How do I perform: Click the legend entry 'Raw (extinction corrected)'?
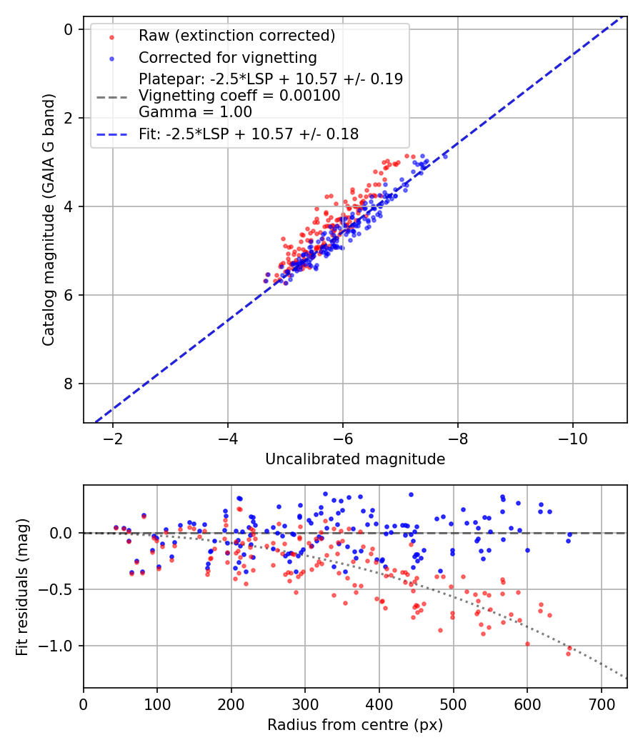236,36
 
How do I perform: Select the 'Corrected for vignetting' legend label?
227,57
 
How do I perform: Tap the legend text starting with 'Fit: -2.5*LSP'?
248,134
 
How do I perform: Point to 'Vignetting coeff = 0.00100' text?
239,95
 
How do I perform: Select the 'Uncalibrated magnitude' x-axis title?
355,459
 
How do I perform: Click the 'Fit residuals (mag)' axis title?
22,586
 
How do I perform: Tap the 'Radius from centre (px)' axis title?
355,725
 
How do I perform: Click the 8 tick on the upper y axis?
69,384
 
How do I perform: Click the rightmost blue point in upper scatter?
445,156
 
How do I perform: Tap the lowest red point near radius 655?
569,654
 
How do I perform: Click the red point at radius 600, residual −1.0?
527,644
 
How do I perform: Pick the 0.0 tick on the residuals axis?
64,533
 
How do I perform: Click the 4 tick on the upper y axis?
69,206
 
